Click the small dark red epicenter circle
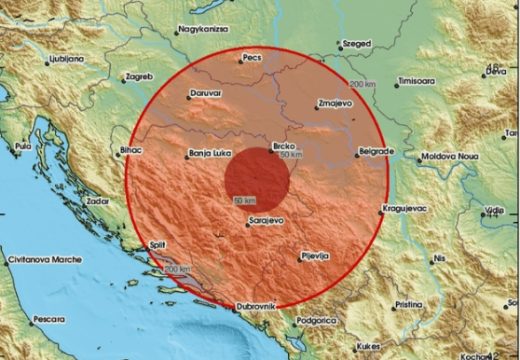coord(256,180)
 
